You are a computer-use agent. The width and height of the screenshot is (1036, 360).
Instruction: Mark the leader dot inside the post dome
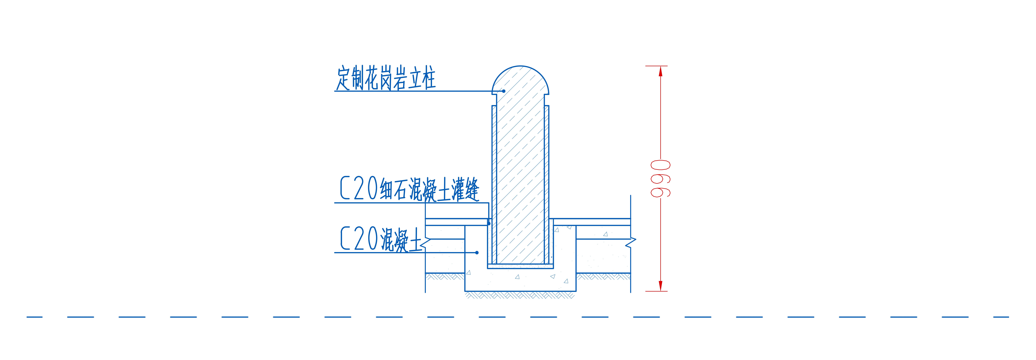click(504, 91)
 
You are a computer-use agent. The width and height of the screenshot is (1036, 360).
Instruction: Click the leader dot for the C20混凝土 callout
click(477, 253)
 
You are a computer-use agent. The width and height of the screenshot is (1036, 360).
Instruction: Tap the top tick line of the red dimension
click(656, 66)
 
